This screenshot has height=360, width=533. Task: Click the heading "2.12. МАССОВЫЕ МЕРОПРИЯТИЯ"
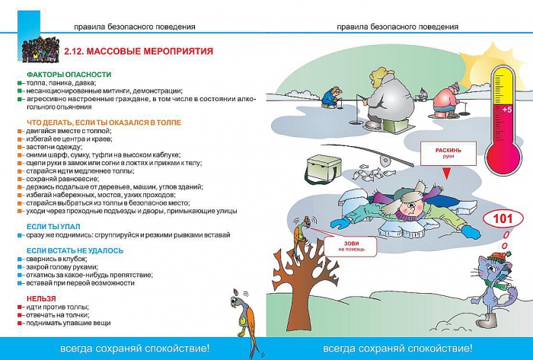click(x=139, y=52)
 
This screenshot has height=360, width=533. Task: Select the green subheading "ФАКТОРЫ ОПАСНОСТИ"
click(x=69, y=74)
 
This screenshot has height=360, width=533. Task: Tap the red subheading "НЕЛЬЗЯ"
click(x=41, y=298)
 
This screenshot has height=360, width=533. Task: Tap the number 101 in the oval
click(x=504, y=219)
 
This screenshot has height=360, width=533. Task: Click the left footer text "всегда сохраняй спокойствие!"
click(x=135, y=349)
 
